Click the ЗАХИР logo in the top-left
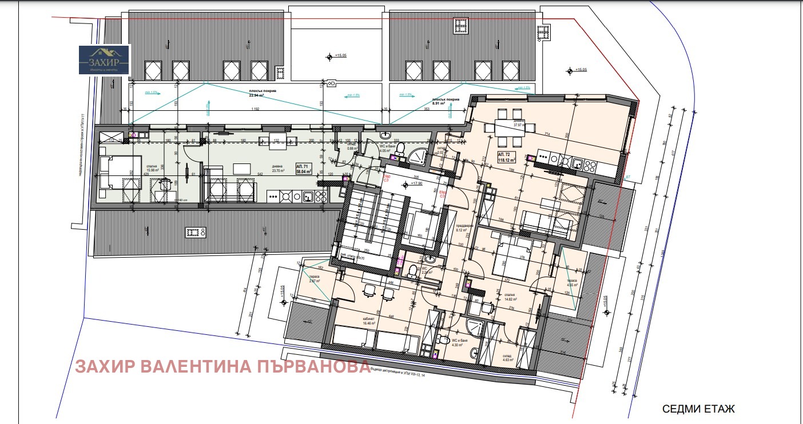(x=105, y=60)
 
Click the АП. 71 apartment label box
(x=303, y=168)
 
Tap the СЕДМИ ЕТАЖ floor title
(x=698, y=409)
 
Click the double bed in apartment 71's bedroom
(x=119, y=173)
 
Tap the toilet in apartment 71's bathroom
(x=400, y=148)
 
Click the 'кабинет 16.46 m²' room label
(x=368, y=321)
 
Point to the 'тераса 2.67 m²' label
(x=314, y=278)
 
